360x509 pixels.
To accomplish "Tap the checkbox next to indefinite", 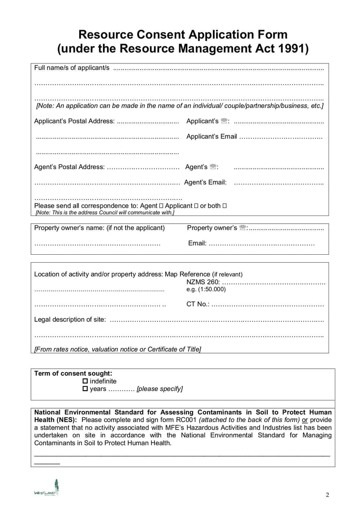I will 85,381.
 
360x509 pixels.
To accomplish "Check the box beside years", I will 85,389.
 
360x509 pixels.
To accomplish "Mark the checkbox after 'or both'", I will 225,206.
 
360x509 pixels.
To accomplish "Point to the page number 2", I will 328,495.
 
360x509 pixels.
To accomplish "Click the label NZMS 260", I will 203,282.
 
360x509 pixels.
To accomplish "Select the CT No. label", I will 198,304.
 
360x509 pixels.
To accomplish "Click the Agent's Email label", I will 205,182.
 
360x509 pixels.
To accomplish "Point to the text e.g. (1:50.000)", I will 206,289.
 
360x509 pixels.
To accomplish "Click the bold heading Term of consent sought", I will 73,373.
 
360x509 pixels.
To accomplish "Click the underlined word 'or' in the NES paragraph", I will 305,420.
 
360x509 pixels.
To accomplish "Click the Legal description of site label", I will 70,320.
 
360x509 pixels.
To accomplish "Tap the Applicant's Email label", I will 211,136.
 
